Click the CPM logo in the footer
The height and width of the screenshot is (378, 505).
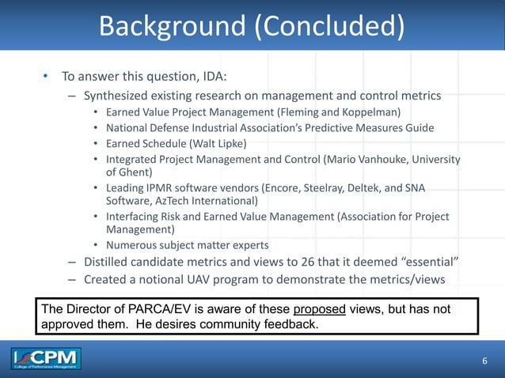pyautogui.click(x=46, y=360)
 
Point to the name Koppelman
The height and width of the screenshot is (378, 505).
pyautogui.click(x=370, y=112)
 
